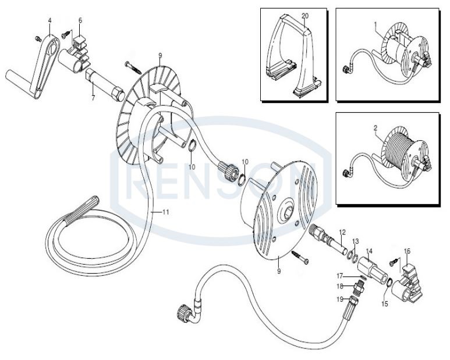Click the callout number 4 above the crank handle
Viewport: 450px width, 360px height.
50,20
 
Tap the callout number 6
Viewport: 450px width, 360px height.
80,20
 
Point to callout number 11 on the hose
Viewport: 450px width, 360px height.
165,212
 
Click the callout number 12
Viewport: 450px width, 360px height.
343,232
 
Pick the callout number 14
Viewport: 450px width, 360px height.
369,251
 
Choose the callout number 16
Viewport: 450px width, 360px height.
407,251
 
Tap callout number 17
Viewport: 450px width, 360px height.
340,276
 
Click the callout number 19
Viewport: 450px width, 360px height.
340,300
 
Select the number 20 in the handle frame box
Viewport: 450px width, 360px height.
305,16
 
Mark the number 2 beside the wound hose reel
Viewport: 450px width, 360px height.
375,128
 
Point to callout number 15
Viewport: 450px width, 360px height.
385,304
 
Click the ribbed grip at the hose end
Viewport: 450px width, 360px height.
82,211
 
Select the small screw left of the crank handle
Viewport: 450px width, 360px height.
38,38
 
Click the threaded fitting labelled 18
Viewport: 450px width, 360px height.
359,287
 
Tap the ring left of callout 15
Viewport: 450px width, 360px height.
389,282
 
